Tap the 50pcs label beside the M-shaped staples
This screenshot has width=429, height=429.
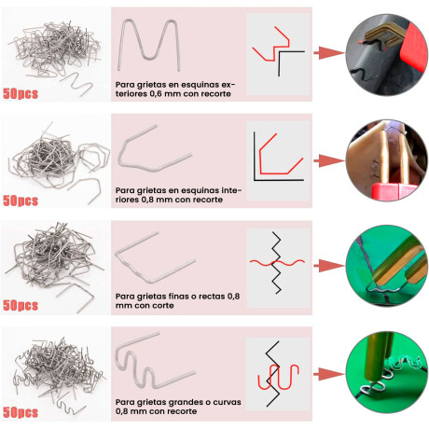[21, 93]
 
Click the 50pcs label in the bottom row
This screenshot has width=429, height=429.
[21, 412]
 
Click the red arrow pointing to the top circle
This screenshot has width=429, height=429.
[329, 52]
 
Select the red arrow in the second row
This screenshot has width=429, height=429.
[329, 160]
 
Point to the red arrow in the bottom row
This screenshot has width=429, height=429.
[329, 374]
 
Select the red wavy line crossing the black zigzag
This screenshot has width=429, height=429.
[277, 263]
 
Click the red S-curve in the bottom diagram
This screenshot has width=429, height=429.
[279, 377]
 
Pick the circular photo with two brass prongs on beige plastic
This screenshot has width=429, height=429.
[387, 160]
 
